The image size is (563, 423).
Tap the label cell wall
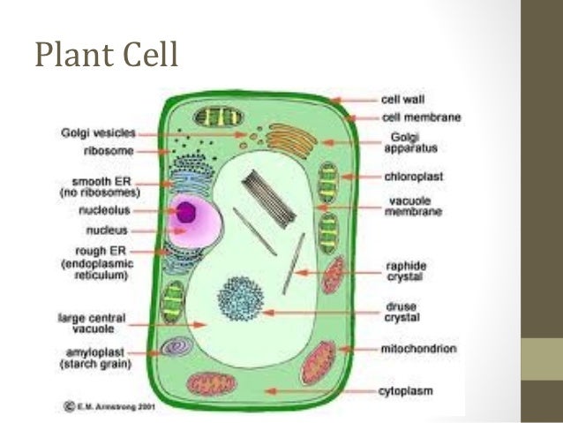click(x=402, y=100)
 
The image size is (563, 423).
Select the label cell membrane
click(x=421, y=117)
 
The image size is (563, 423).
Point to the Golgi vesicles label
click(x=98, y=133)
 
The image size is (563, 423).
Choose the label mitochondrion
click(x=419, y=349)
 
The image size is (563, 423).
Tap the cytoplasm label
click(x=409, y=389)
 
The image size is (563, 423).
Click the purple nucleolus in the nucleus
click(x=187, y=212)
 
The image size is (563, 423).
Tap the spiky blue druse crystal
click(x=239, y=299)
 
